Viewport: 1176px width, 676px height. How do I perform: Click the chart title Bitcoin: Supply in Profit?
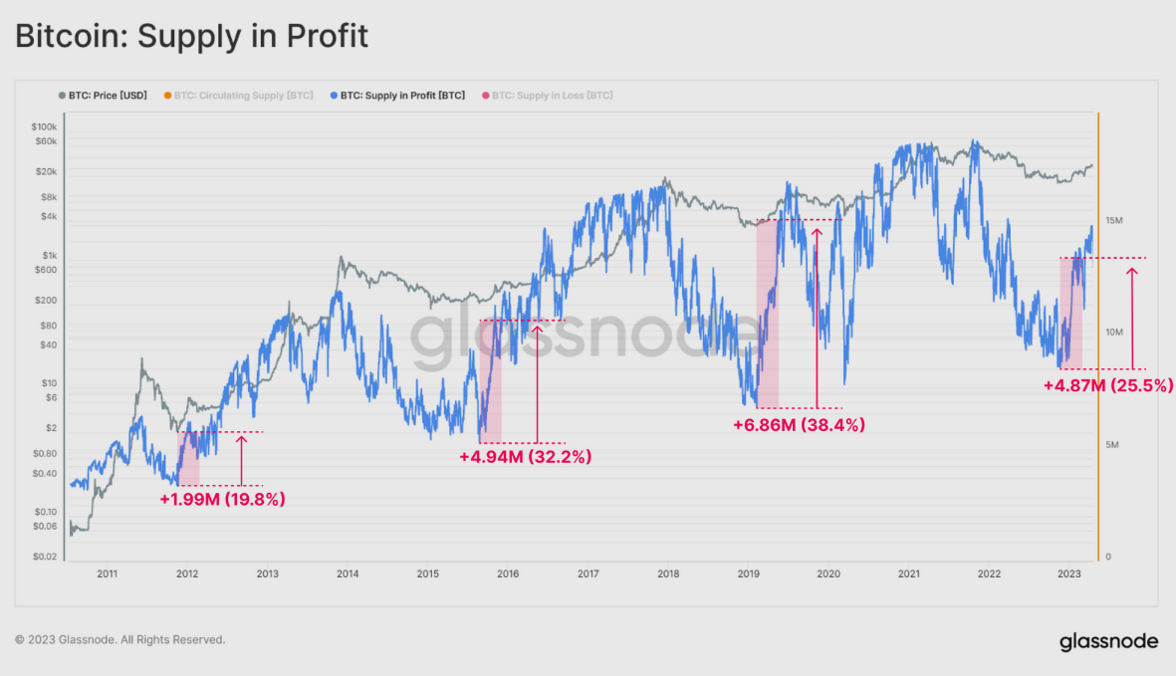[191, 37]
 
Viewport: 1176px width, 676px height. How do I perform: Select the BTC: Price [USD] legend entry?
[103, 96]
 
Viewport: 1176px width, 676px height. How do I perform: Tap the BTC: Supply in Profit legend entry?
[396, 96]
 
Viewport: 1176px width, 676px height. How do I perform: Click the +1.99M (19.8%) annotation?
[222, 499]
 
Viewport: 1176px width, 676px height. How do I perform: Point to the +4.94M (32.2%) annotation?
[525, 457]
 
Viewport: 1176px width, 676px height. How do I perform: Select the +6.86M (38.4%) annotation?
[799, 424]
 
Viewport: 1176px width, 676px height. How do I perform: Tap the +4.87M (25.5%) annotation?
[1108, 384]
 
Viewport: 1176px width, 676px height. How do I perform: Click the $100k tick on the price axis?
[44, 127]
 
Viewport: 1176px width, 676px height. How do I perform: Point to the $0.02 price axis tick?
[44, 557]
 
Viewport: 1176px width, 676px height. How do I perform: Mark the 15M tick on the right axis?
[1114, 220]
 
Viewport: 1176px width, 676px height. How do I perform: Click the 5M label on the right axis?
[1112, 444]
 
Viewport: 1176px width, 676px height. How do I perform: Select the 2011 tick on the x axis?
[107, 573]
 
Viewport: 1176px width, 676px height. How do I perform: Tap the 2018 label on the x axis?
[668, 573]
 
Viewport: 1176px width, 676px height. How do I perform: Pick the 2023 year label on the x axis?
[1068, 573]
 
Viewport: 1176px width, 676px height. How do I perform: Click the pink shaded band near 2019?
[767, 314]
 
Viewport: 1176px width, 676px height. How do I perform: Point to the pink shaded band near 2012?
[188, 458]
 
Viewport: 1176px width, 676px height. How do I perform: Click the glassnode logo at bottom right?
[1108, 640]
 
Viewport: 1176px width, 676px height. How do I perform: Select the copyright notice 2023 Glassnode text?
[120, 639]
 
